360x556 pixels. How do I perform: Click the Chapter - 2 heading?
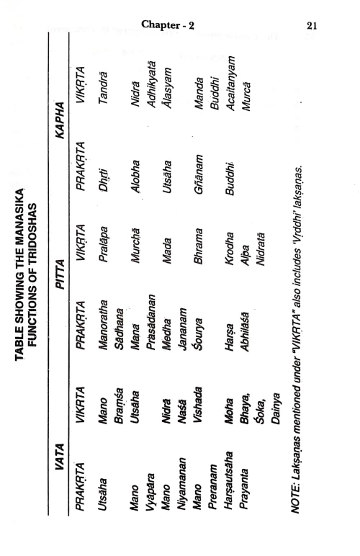pyautogui.click(x=168, y=24)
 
